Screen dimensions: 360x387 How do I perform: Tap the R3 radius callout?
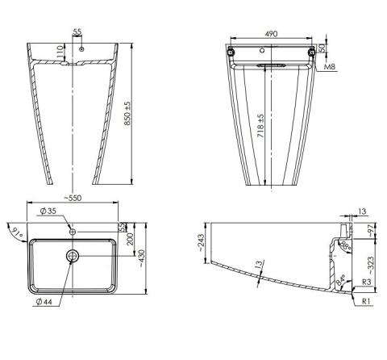point(365,283)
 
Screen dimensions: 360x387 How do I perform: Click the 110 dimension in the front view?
point(60,50)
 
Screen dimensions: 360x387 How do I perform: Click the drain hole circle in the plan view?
point(73,255)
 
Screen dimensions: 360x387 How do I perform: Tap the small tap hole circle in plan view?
point(73,232)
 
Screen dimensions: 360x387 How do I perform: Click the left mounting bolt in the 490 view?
point(231,52)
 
